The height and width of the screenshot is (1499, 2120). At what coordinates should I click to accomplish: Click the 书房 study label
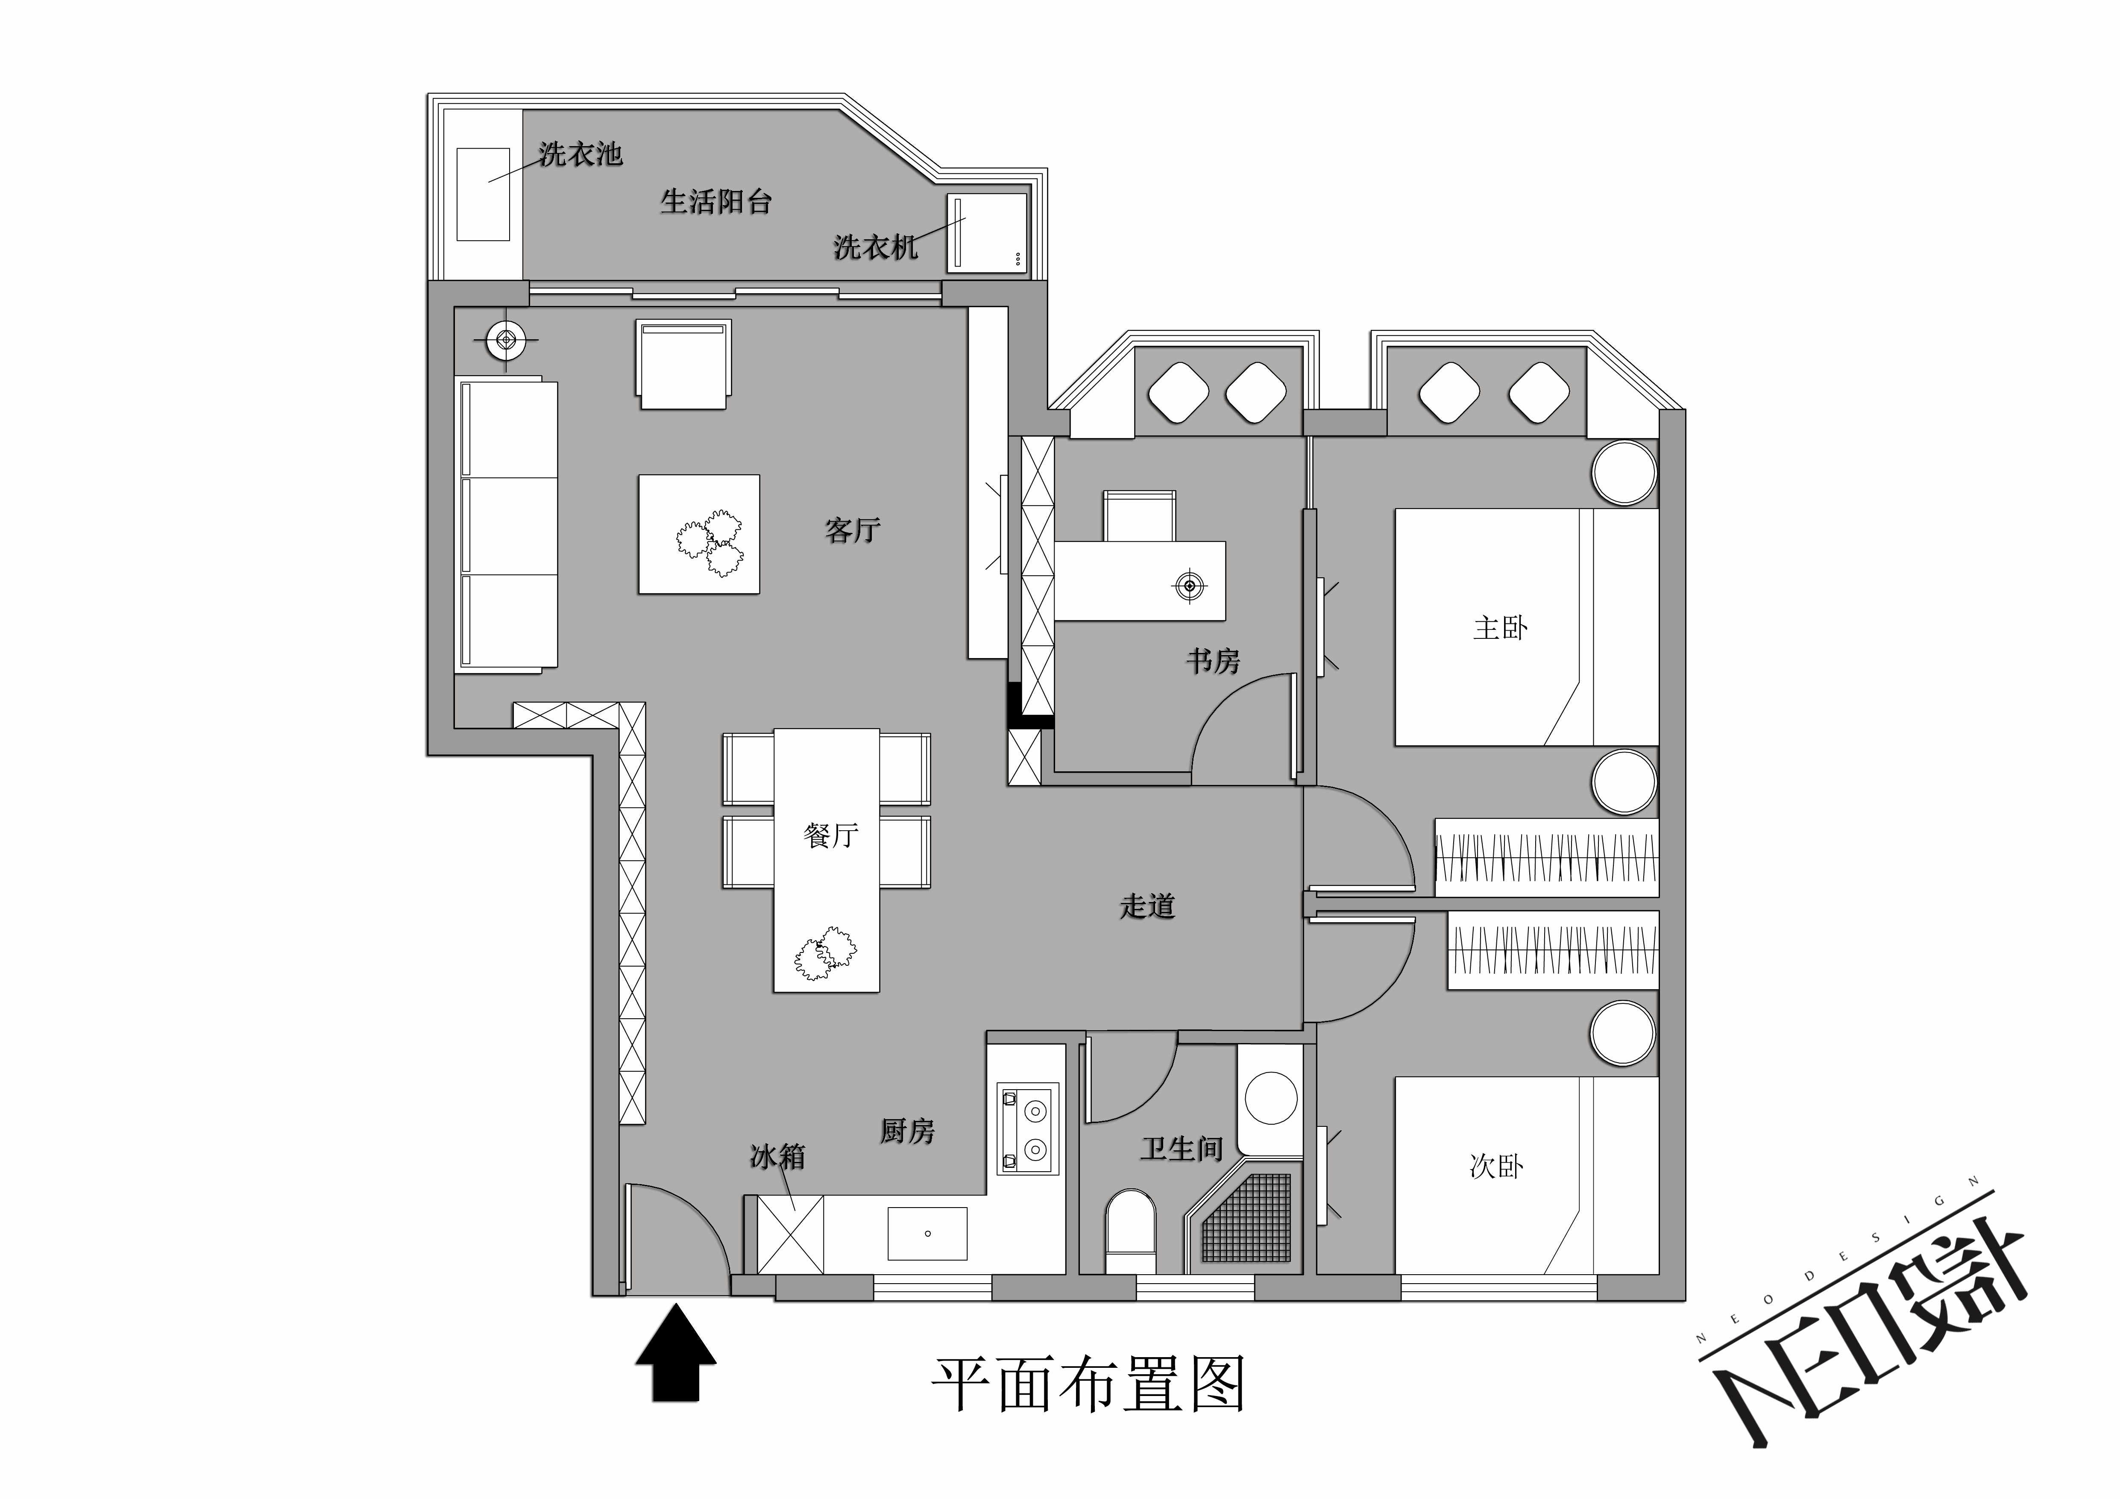[1212, 660]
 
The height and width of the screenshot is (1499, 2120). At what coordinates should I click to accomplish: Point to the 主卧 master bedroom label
[1499, 628]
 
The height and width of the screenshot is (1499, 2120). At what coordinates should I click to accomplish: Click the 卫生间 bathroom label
[1182, 1149]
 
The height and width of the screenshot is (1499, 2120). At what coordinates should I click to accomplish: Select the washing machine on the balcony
[987, 233]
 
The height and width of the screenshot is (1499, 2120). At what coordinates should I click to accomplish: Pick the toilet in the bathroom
[1130, 1232]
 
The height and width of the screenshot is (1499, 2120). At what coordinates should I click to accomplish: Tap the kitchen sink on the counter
[927, 1233]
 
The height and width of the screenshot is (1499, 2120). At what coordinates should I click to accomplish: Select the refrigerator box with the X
[790, 1235]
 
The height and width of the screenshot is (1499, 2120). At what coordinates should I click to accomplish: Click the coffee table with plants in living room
[699, 534]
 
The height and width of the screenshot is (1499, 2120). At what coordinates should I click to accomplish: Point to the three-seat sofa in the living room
[507, 524]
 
